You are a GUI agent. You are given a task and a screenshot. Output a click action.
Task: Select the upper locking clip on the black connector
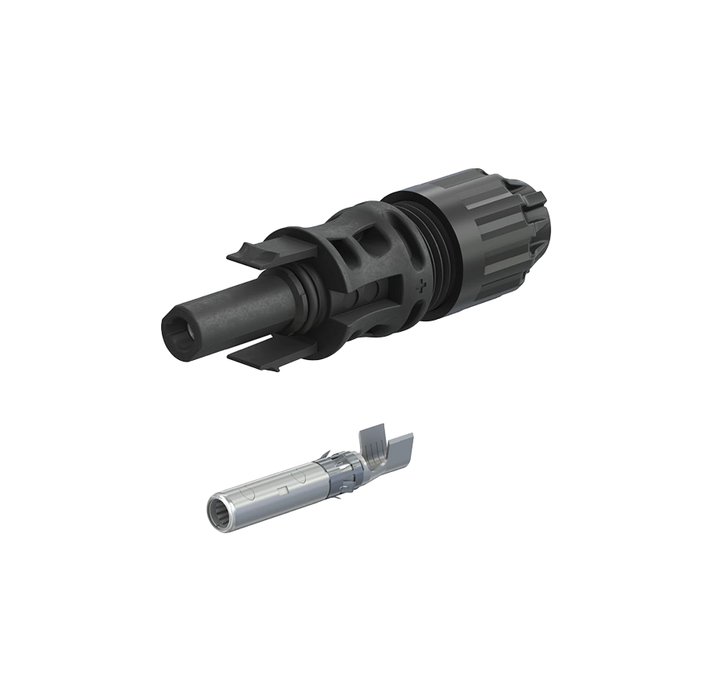tap(256, 252)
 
